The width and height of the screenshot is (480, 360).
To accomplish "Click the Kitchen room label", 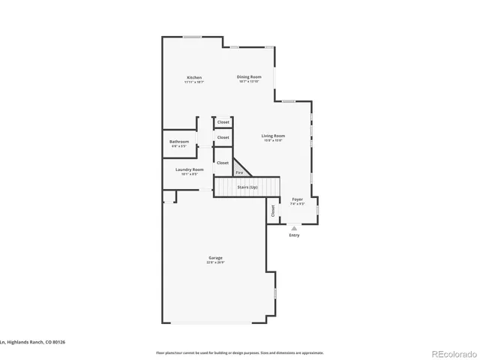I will [194, 78].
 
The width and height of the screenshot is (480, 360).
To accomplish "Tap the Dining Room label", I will [249, 77].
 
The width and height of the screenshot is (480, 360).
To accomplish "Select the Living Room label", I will [272, 136].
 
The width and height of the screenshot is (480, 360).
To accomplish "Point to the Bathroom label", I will [178, 142].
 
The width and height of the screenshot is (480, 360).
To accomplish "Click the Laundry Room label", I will [189, 169].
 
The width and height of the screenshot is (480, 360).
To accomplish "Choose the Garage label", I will [215, 258].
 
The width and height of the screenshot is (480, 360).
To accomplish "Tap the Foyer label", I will [297, 199].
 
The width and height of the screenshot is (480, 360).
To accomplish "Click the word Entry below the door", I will [294, 235].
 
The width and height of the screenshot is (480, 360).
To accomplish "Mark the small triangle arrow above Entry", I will [294, 228].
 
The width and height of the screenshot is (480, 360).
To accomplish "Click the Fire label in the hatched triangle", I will [239, 172].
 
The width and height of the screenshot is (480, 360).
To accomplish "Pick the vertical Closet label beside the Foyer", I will [273, 211].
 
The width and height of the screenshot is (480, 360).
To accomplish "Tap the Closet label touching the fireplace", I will [223, 163].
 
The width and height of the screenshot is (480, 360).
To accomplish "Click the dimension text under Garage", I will [215, 263].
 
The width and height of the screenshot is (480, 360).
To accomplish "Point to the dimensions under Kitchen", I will [194, 82].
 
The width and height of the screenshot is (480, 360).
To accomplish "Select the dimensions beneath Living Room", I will [272, 141].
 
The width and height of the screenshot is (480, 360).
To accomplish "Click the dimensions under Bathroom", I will [178, 146].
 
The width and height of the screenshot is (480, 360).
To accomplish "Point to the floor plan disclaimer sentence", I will [240, 352].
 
